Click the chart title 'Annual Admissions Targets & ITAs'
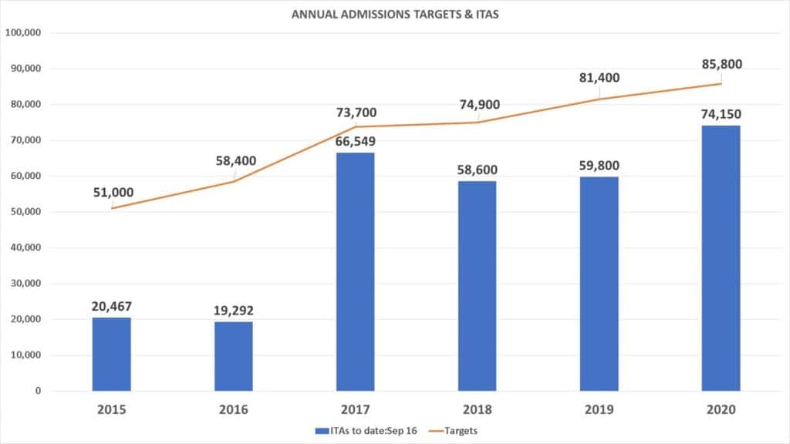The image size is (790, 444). pos(394,14)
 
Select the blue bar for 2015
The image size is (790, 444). pos(112,354)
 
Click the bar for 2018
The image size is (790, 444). pos(477,285)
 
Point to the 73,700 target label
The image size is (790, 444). pos(356,113)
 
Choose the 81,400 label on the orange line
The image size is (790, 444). pos(598,78)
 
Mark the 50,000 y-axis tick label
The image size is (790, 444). pos(25,212)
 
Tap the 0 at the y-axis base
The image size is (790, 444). pos(37,391)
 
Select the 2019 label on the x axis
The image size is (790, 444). pos(599,409)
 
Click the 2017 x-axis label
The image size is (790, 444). pos(356,409)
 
